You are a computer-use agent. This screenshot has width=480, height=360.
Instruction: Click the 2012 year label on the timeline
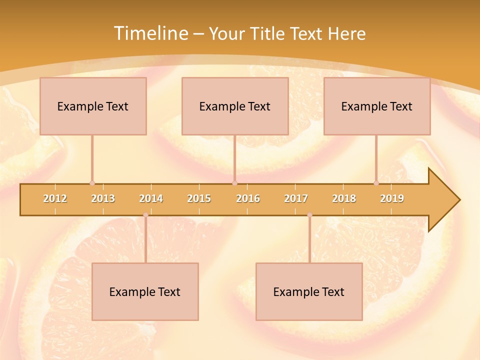[55, 198]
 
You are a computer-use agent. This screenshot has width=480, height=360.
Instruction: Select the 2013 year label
[103, 198]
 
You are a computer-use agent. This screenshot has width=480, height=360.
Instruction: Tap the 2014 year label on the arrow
[151, 198]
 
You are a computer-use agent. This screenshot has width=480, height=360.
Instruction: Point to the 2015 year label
[199, 198]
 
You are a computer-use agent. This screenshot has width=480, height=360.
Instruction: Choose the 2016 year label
[248, 198]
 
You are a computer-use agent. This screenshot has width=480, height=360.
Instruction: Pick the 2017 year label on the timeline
[296, 198]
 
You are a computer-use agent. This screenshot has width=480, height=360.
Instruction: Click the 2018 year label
[344, 198]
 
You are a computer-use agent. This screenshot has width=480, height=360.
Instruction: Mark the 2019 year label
[392, 198]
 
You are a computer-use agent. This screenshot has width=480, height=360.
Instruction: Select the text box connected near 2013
[93, 106]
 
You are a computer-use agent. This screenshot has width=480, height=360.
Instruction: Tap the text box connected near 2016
[235, 106]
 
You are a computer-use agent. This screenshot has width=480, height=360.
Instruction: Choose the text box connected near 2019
[377, 106]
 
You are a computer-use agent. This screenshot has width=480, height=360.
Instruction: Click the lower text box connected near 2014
[145, 291]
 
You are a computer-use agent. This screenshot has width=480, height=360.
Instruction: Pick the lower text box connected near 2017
[309, 291]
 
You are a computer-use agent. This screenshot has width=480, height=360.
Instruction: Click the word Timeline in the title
[150, 33]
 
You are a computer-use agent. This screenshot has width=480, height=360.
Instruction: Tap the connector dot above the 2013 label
[92, 183]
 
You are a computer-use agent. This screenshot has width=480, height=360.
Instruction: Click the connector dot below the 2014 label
[145, 215]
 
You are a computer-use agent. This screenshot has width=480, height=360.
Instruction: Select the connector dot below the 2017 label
[309, 215]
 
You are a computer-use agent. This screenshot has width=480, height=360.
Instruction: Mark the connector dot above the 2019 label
[376, 183]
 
